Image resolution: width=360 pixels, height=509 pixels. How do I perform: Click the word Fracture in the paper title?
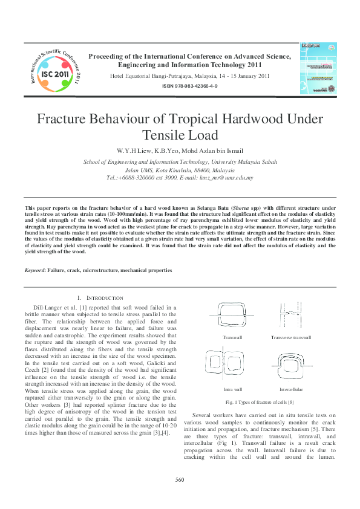[67, 119]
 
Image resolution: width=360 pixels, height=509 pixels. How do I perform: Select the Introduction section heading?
[100, 298]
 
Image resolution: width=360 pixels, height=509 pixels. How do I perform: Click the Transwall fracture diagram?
[231, 318]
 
